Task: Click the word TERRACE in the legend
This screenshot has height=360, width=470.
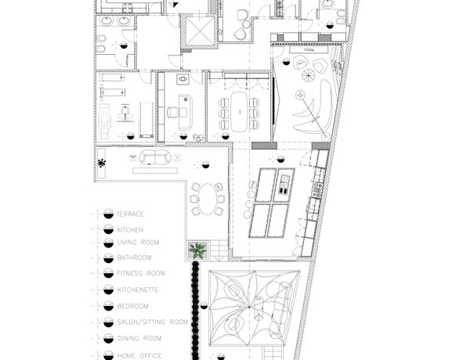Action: pos(130,214)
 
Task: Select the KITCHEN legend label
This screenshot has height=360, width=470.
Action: pos(130,230)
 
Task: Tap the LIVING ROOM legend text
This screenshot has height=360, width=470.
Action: pos(138,243)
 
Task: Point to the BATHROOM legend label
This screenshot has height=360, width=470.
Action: pos(134,257)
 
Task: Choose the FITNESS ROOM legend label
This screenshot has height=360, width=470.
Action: pos(141,273)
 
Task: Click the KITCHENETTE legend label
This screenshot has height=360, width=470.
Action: pos(138,290)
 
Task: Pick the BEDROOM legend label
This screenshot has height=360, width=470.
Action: pos(133,306)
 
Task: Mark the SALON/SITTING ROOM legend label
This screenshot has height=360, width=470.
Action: pos(153,322)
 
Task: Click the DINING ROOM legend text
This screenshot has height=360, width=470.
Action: pos(139,338)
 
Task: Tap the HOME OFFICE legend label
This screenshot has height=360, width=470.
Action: pos(139,355)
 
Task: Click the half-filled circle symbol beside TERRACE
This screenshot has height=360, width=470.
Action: pos(108,214)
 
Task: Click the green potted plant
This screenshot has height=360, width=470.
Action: pos(197,250)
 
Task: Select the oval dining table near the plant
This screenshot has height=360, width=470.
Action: pos(207,199)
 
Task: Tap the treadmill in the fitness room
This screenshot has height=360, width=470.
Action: pos(146,120)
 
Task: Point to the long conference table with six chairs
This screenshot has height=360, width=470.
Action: pos(239,111)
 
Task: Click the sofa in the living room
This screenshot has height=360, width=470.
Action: pos(155,157)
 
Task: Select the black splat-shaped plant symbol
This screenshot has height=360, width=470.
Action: pos(102,164)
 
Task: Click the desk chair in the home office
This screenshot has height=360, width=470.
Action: pos(172,113)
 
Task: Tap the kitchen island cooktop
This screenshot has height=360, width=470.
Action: pos(284,184)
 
